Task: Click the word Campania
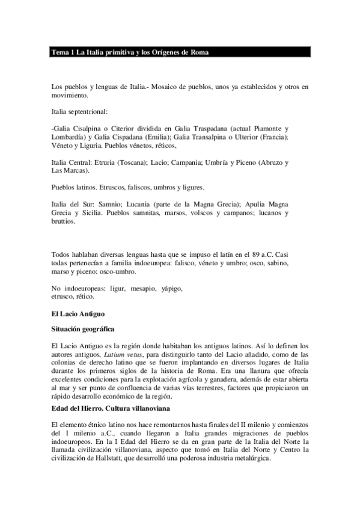pyautogui.click(x=186, y=162)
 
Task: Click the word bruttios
pyautogui.click(x=64, y=221)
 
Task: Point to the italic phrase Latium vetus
pyautogui.click(x=120, y=355)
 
